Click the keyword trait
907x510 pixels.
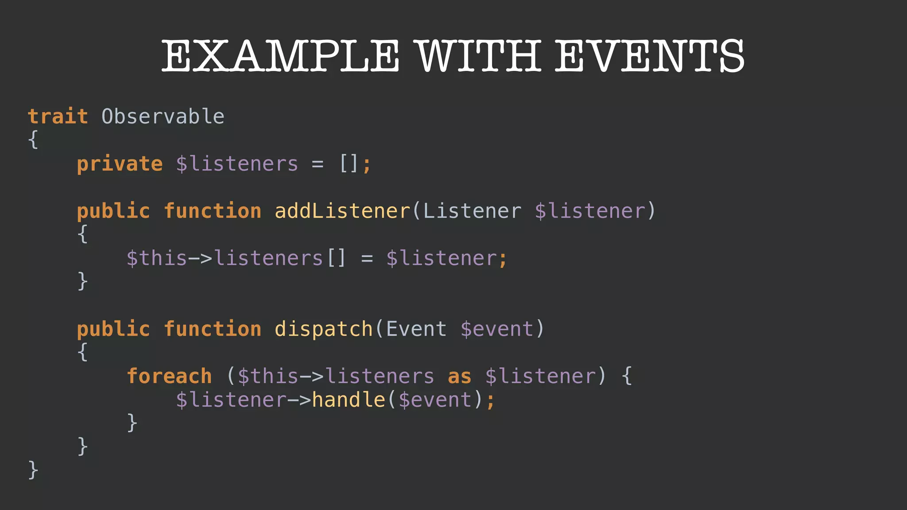click(58, 117)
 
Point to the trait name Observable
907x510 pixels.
click(163, 117)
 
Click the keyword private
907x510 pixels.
click(120, 164)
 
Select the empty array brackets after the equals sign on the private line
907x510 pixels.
click(349, 164)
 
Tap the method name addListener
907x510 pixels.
click(342, 211)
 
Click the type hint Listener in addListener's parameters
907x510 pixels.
click(472, 211)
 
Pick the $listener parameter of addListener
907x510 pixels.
click(590, 211)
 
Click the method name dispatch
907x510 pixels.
click(324, 329)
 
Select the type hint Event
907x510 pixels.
click(416, 329)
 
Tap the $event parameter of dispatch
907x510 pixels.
click(497, 329)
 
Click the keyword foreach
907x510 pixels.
click(169, 377)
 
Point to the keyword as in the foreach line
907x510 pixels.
click(460, 377)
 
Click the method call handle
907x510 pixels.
click(349, 400)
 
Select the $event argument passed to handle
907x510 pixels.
click(435, 400)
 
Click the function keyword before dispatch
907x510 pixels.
click(213, 329)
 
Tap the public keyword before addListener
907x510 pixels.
click(113, 211)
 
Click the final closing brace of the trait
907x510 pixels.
click(33, 470)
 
